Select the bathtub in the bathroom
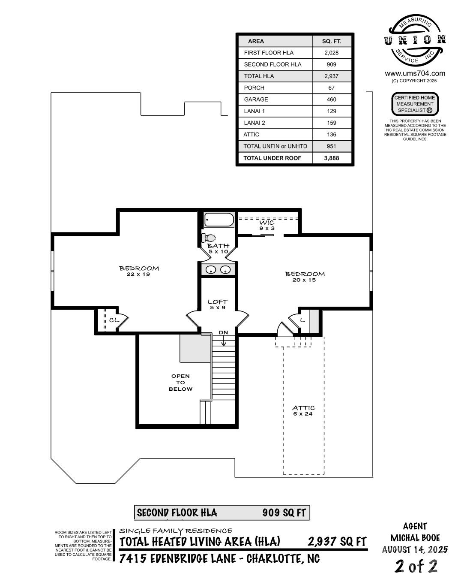pyautogui.click(x=219, y=220)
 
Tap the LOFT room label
pyautogui.click(x=218, y=302)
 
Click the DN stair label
pyautogui.click(x=223, y=332)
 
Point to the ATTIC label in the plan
pyautogui.click(x=304, y=408)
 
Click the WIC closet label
pyautogui.click(x=267, y=223)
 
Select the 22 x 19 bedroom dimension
pyautogui.click(x=138, y=274)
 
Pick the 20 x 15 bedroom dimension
pyautogui.click(x=304, y=280)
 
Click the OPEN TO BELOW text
pyautogui.click(x=180, y=382)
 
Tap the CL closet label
pyautogui.click(x=114, y=320)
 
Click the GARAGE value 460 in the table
pyautogui.click(x=331, y=100)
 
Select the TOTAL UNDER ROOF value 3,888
pyautogui.click(x=331, y=158)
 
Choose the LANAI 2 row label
pyautogui.click(x=254, y=123)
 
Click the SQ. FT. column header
pyautogui.click(x=332, y=42)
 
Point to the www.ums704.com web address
pyautogui.click(x=415, y=73)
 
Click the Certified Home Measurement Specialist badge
pyautogui.click(x=415, y=104)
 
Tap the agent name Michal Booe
pyautogui.click(x=415, y=538)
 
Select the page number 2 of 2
pyautogui.click(x=416, y=566)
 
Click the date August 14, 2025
pyautogui.click(x=415, y=550)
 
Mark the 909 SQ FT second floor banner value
pyautogui.click(x=284, y=513)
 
